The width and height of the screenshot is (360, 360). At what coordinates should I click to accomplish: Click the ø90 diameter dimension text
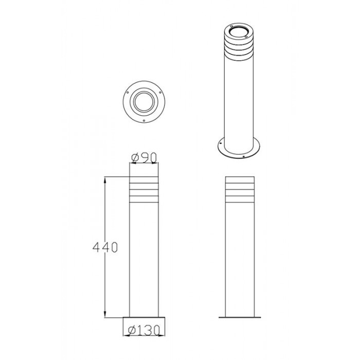(x=144, y=157)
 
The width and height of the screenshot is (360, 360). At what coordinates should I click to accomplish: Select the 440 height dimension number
(x=105, y=247)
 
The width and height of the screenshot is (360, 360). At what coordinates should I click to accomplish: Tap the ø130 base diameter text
(x=143, y=331)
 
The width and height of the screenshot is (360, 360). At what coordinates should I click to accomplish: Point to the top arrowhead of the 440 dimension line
(x=105, y=179)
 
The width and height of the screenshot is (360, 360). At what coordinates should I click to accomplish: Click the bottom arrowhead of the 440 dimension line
(x=105, y=315)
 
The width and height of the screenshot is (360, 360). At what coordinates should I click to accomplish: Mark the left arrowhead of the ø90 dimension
(x=133, y=163)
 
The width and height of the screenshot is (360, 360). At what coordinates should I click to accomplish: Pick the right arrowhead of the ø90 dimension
(x=155, y=163)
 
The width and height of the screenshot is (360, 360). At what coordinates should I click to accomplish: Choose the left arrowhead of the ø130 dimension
(x=127, y=335)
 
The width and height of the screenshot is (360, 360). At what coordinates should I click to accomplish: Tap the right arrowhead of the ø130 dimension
(x=161, y=335)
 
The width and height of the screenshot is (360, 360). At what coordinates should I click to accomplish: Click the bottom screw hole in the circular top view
(x=143, y=120)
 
